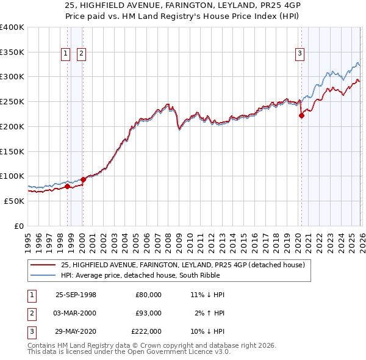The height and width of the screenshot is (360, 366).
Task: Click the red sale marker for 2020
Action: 301,115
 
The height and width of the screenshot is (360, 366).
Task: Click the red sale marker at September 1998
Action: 67,186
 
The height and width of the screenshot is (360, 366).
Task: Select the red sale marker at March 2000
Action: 83,179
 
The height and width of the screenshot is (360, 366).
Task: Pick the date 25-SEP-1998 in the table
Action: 76,295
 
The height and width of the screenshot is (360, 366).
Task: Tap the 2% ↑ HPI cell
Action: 210,313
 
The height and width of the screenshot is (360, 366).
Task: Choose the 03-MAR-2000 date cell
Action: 76,313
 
